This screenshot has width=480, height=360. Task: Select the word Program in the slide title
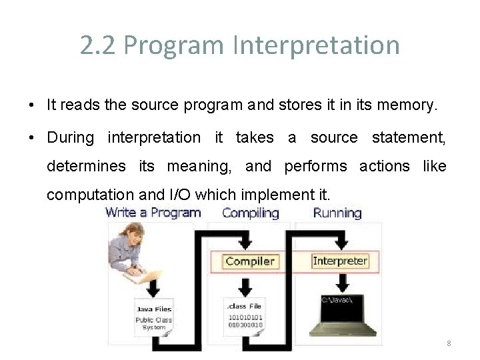pyautogui.click(x=175, y=45)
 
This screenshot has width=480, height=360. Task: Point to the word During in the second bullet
pyautogui.click(x=71, y=137)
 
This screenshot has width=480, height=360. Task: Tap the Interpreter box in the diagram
pyautogui.click(x=339, y=261)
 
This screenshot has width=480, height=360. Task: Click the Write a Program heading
pyautogui.click(x=153, y=213)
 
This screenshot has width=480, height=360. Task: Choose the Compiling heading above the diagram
pyautogui.click(x=251, y=213)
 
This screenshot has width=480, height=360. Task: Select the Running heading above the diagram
pyautogui.click(x=337, y=213)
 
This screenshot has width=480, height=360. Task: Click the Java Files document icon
pyautogui.click(x=155, y=317)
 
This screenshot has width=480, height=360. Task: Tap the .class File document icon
pyautogui.click(x=245, y=316)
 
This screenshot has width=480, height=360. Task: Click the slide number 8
pyautogui.click(x=449, y=343)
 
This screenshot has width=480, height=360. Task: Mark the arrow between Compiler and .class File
pyautogui.click(x=245, y=284)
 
